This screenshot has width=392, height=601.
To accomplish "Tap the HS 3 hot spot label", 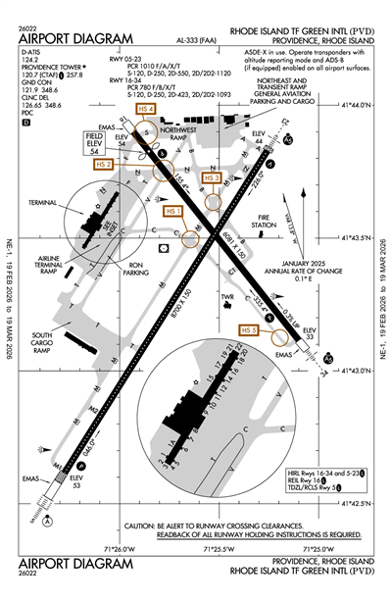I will [212, 177].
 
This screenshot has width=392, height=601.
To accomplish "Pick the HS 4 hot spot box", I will [147, 109].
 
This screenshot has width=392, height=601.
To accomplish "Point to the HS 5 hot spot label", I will [248, 330].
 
